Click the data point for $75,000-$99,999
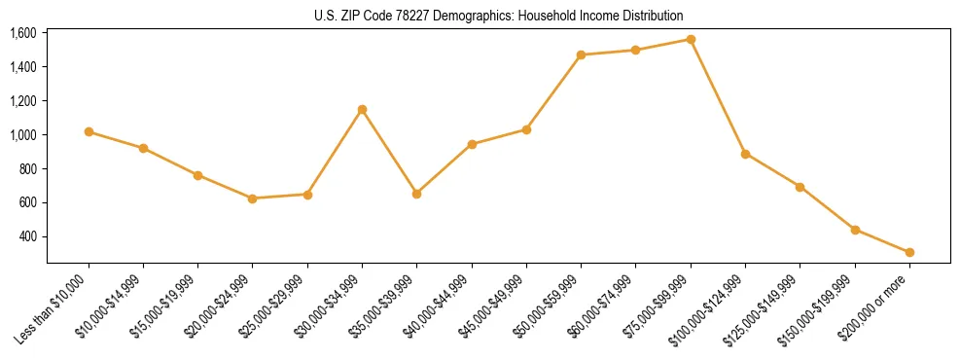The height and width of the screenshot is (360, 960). (691, 40)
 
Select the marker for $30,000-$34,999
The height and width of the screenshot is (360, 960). (362, 109)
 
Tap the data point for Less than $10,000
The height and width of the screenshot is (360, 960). (89, 131)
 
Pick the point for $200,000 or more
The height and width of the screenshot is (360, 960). (909, 252)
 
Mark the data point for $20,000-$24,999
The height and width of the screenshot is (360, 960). (253, 198)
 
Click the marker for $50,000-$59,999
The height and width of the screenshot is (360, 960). (581, 54)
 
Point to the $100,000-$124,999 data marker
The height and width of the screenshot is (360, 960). (745, 154)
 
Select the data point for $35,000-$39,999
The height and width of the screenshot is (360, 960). (416, 194)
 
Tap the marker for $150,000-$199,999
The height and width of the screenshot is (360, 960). (855, 230)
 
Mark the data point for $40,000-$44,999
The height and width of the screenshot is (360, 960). (472, 144)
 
